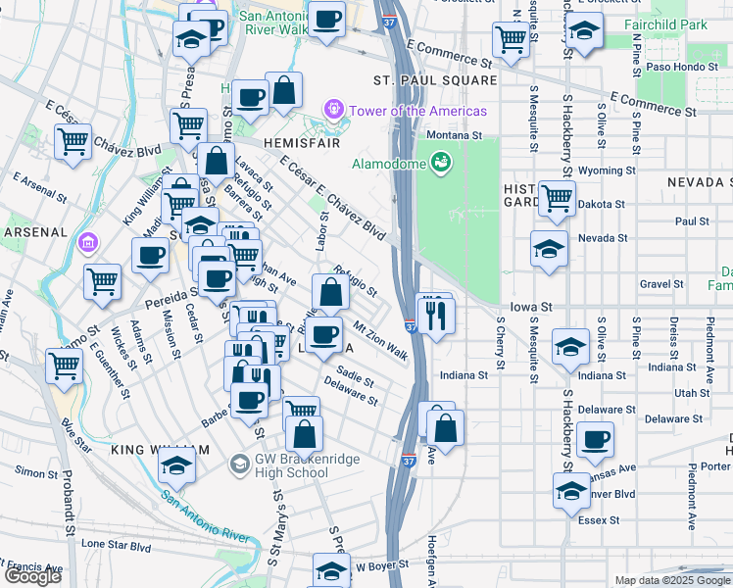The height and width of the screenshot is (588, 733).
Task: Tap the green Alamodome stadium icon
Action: pos(441,161)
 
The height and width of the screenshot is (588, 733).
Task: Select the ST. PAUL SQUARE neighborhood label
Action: pos(434,79)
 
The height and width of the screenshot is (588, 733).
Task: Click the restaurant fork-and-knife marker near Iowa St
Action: pos(434,315)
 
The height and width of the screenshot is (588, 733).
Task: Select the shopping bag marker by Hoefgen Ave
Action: pos(445,428)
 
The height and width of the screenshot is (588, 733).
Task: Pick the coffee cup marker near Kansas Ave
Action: pos(594,439)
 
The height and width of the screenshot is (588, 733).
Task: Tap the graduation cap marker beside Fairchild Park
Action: pos(585,30)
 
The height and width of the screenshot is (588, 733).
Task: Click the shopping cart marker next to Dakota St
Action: pos(557,197)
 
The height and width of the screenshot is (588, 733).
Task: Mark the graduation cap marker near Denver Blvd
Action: pos(570,490)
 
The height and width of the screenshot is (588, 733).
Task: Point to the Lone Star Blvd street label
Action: pos(117,544)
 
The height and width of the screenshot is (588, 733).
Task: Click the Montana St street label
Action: pos(453,135)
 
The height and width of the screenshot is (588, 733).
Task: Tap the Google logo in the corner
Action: pos(31,576)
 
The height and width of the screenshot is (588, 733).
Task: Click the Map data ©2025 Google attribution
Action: pos(672,580)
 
